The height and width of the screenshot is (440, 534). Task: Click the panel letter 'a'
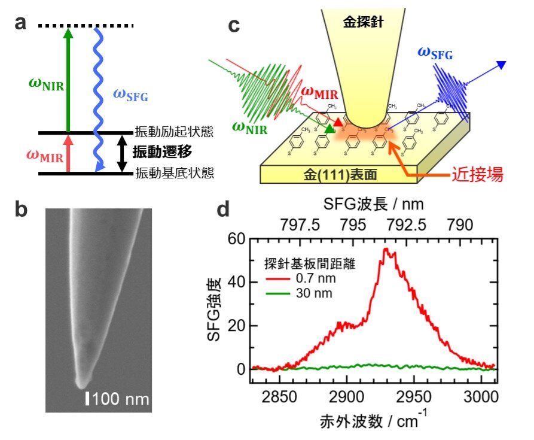(21, 23)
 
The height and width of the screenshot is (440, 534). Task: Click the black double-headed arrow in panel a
(122, 153)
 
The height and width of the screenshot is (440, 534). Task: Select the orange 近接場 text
(475, 174)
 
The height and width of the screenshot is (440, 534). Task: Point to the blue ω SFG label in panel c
(435, 56)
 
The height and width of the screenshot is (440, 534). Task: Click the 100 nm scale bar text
(118, 397)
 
